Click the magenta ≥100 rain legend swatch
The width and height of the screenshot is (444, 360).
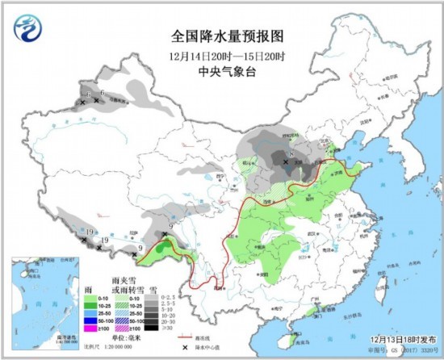[90, 329]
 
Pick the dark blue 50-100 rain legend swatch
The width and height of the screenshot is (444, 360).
[90, 321]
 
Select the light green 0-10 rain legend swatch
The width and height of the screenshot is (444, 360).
[90, 297]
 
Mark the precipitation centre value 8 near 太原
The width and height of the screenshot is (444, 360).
[288, 154]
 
